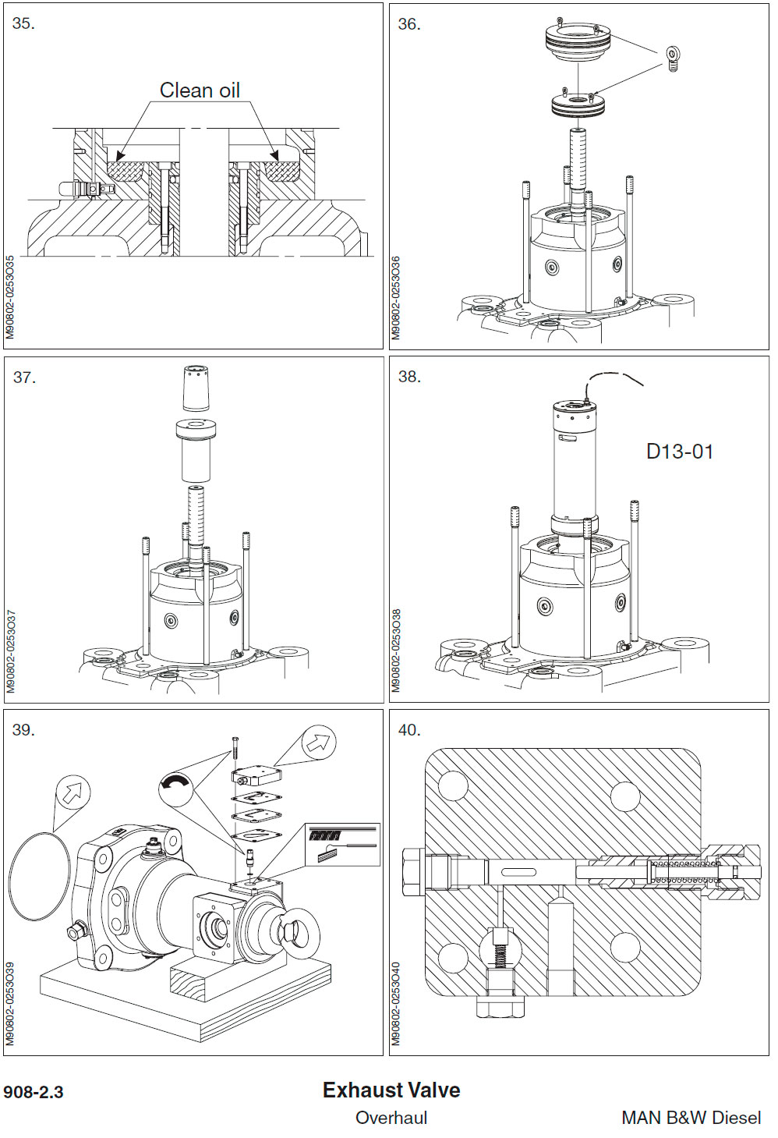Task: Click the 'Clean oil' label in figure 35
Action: tap(200, 90)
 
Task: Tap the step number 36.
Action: tap(408, 24)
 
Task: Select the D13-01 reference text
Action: tap(679, 452)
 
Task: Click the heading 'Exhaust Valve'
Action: tap(391, 1090)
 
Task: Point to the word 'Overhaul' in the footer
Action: tap(391, 1118)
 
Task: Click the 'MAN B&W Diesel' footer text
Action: tap(691, 1118)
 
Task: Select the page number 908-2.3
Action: tap(34, 1092)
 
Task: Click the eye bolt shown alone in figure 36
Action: tap(674, 57)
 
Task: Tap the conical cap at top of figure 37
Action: tap(196, 388)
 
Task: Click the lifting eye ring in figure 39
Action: tap(296, 931)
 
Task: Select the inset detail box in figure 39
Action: tap(343, 845)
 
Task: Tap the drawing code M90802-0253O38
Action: tap(396, 651)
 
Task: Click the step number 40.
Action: tap(408, 730)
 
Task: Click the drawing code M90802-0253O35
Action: tap(10, 296)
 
